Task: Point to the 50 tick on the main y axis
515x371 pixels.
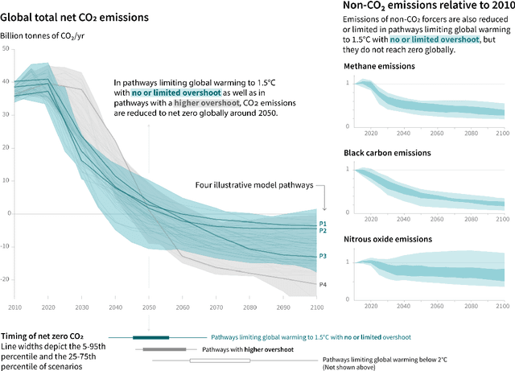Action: point(7,49)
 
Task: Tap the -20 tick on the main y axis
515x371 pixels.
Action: point(6,279)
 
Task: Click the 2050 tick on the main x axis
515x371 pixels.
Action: point(148,308)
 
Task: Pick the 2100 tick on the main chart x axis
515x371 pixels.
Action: point(316,308)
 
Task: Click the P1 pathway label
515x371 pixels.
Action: point(323,223)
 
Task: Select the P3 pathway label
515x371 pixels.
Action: point(323,256)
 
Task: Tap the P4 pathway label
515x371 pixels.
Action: point(323,285)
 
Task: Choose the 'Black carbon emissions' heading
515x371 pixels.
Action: point(387,152)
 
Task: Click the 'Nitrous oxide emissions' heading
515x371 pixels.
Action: point(389,239)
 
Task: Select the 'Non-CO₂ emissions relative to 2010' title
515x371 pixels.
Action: point(423,6)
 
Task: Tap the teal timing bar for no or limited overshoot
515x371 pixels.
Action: point(150,338)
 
